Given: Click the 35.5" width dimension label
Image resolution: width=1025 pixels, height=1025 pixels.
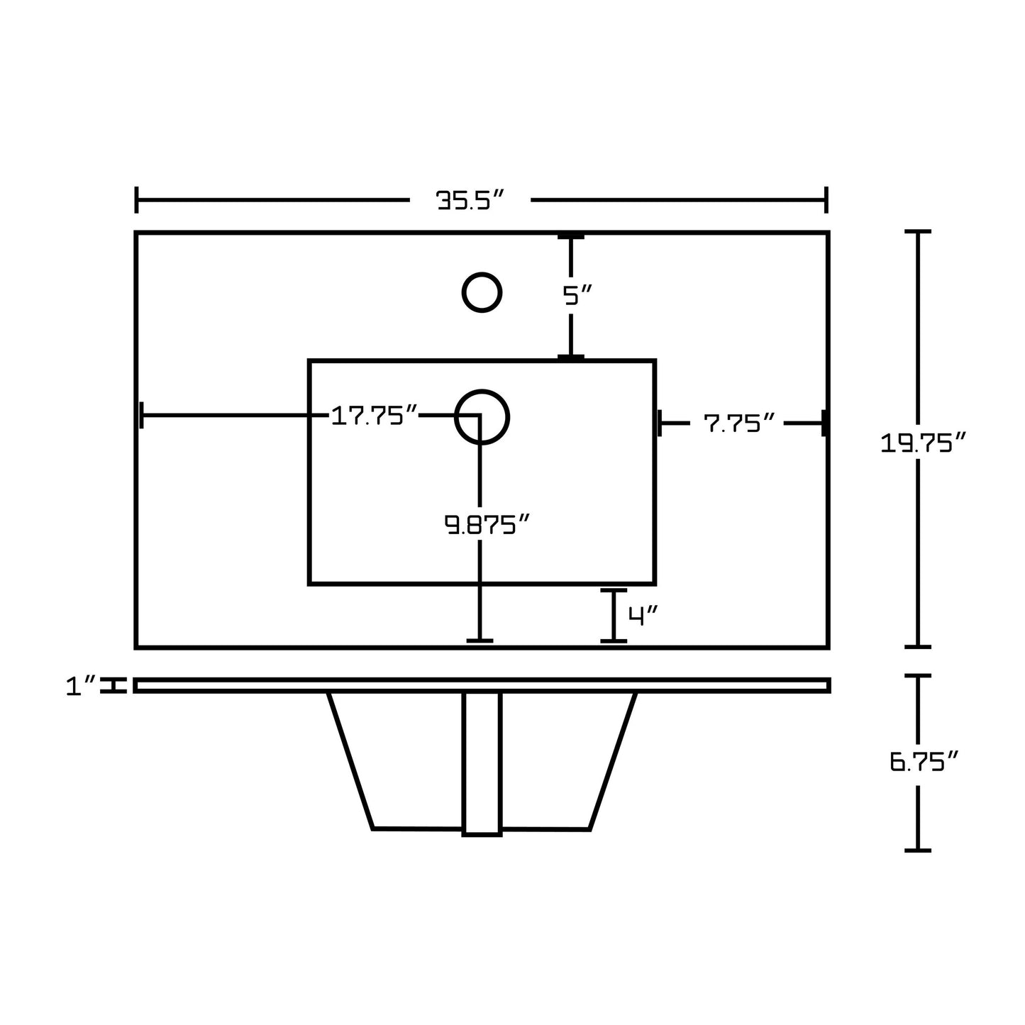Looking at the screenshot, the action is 470,201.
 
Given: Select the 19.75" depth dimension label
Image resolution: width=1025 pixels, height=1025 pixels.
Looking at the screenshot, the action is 923,443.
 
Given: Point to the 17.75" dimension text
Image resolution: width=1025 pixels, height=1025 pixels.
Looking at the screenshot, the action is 375,416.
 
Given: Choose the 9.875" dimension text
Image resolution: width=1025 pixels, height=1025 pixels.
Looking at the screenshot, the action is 487,524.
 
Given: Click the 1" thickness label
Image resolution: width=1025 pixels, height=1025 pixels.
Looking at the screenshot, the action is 81,686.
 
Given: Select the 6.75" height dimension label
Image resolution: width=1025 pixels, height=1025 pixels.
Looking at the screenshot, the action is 924,761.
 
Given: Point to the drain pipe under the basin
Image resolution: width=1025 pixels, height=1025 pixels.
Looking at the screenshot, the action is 482,764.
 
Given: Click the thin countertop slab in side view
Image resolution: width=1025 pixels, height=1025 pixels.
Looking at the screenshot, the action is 482,686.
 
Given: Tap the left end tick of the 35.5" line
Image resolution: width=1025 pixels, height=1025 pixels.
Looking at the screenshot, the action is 137,200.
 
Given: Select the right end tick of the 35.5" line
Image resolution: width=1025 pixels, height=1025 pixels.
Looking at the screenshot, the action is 826,200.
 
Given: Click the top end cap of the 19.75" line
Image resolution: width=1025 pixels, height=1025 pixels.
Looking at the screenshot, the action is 918,231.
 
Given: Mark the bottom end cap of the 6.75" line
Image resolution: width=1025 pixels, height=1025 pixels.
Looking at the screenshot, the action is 918,851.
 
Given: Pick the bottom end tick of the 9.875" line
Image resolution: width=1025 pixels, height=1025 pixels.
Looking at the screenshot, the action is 480,641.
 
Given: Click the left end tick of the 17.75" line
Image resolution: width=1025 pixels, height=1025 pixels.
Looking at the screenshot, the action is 141,415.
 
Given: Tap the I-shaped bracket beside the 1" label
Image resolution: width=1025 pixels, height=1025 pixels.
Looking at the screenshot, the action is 113,685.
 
